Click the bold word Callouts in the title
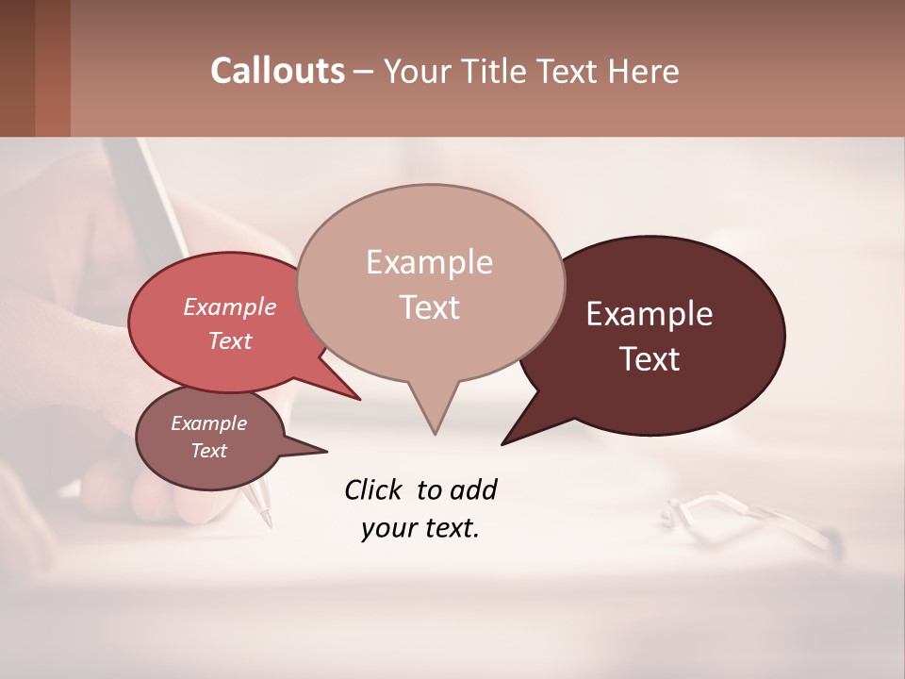[277, 71]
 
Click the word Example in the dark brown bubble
[650, 314]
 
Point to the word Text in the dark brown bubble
[650, 359]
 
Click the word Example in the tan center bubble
[429, 262]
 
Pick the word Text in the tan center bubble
[429, 307]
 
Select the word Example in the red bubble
[230, 306]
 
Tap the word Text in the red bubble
[230, 340]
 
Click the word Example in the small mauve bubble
[208, 423]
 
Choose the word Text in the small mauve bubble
[208, 451]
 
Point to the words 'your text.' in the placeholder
[420, 529]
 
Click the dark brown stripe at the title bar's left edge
[18, 68]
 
